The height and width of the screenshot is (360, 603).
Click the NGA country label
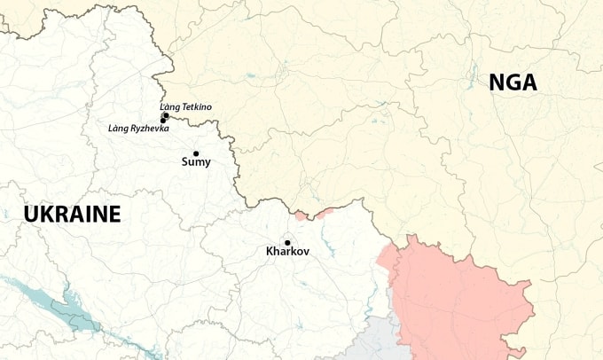point(513,82)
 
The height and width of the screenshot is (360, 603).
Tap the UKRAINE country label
point(72,214)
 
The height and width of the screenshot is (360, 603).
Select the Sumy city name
point(196,162)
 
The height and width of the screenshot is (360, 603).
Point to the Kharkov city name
point(287,252)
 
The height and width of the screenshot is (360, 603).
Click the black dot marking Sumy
point(196,153)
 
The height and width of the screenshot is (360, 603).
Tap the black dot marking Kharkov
point(287,242)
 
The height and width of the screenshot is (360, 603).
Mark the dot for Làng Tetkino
point(166,115)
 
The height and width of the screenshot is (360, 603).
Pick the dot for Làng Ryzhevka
point(163,121)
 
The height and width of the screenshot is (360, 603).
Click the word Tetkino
point(198,107)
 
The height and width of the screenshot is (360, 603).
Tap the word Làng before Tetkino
point(170,107)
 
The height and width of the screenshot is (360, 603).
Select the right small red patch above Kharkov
point(325,211)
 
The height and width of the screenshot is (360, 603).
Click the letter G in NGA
point(513,82)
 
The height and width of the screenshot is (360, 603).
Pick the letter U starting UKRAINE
point(32,214)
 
